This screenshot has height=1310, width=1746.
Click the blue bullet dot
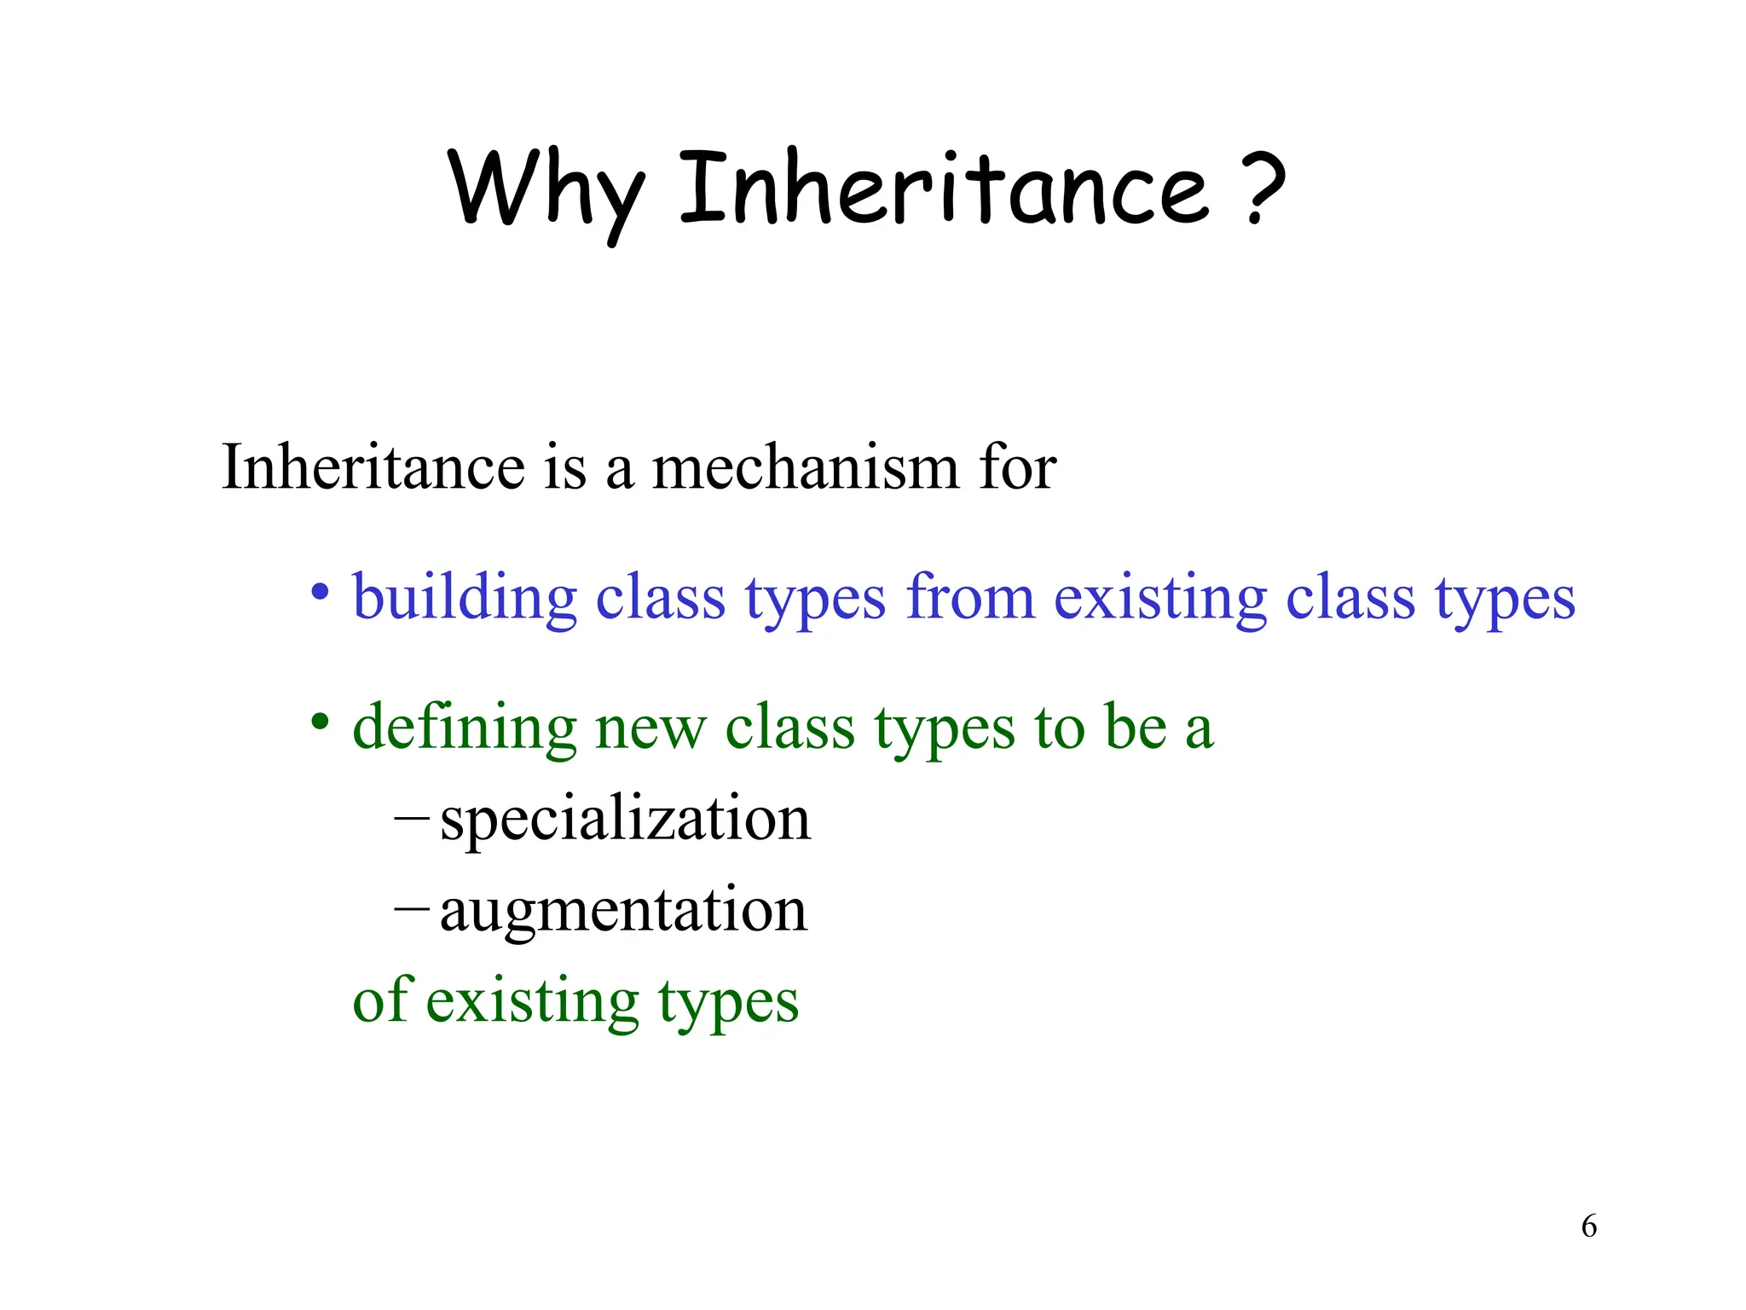point(320,591)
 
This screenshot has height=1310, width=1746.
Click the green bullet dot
point(320,722)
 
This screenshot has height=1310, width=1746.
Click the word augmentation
point(623,911)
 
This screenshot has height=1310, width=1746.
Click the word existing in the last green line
point(532,1001)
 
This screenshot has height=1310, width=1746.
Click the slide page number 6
point(1588,1226)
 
